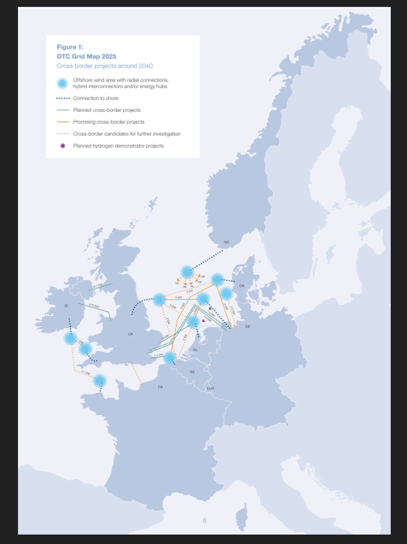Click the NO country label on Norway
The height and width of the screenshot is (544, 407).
tap(226, 243)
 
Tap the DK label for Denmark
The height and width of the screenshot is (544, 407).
tap(241, 285)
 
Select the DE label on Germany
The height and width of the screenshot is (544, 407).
tap(247, 326)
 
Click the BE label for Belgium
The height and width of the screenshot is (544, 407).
tap(192, 372)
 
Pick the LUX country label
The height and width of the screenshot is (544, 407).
tap(210, 389)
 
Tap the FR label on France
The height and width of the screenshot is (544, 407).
tap(160, 387)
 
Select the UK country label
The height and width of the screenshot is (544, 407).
tap(131, 334)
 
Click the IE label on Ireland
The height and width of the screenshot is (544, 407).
tap(66, 306)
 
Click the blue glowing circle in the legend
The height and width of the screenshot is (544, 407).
tap(61, 83)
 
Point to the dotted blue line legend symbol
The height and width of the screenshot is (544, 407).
tap(62, 98)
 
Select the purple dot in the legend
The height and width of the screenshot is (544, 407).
tap(62, 146)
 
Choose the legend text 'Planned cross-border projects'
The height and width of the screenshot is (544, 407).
tap(107, 110)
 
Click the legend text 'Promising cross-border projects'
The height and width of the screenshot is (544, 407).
tap(108, 122)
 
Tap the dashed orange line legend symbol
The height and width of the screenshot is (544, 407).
tap(62, 134)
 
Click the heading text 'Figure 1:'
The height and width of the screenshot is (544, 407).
tap(70, 46)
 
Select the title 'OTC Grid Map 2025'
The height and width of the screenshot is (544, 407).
tap(86, 56)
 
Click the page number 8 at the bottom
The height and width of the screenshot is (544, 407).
tap(204, 520)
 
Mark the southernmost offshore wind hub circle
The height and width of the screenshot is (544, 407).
tap(100, 381)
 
